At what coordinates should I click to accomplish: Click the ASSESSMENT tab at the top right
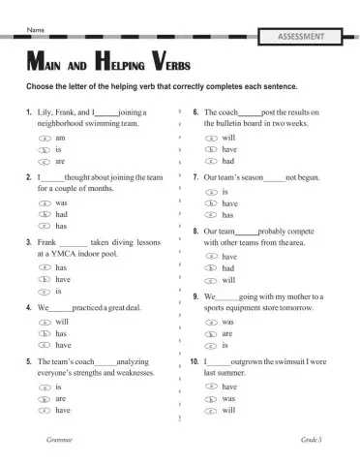pos(307,38)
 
